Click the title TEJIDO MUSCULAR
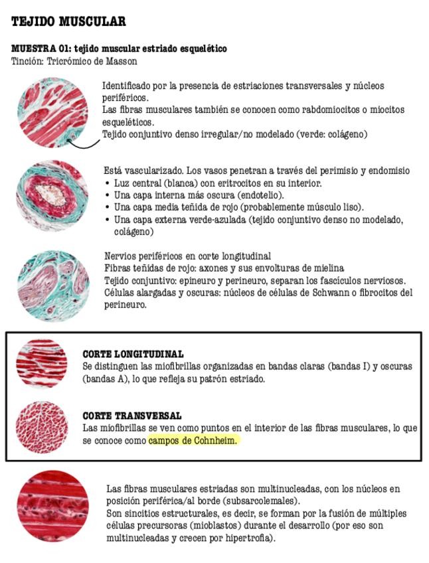pos(68,22)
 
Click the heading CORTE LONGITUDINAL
pos(133,355)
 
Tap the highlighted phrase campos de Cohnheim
pos(192,440)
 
